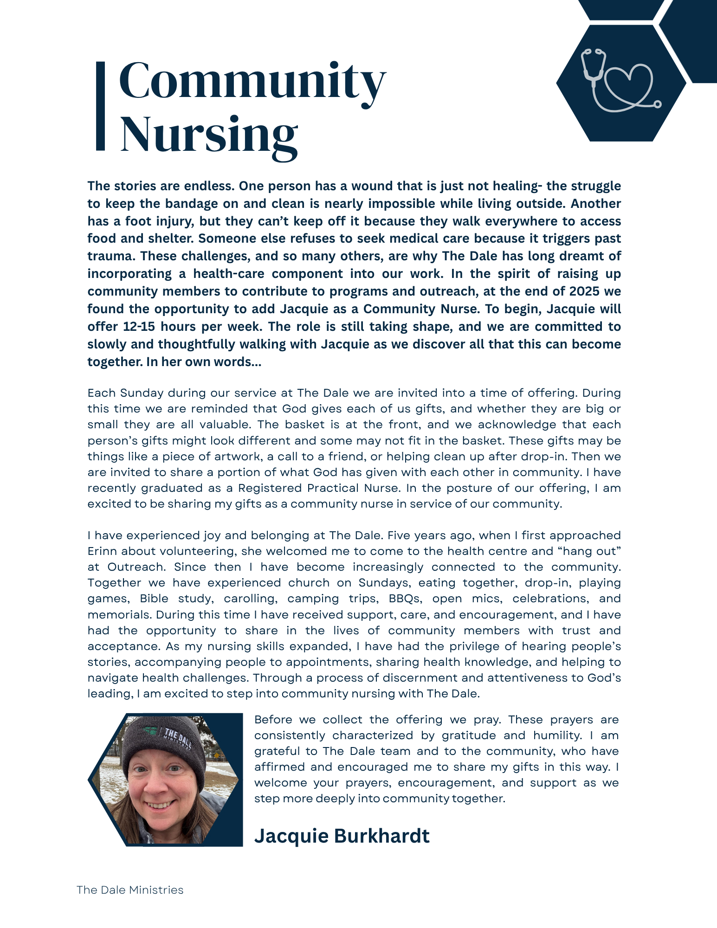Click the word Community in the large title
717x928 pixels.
(x=252, y=82)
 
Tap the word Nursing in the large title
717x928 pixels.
(x=209, y=135)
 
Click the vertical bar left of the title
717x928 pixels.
(x=100, y=106)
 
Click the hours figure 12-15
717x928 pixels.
(x=139, y=327)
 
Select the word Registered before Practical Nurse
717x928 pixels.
(x=270, y=488)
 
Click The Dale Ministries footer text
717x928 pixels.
(x=130, y=890)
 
